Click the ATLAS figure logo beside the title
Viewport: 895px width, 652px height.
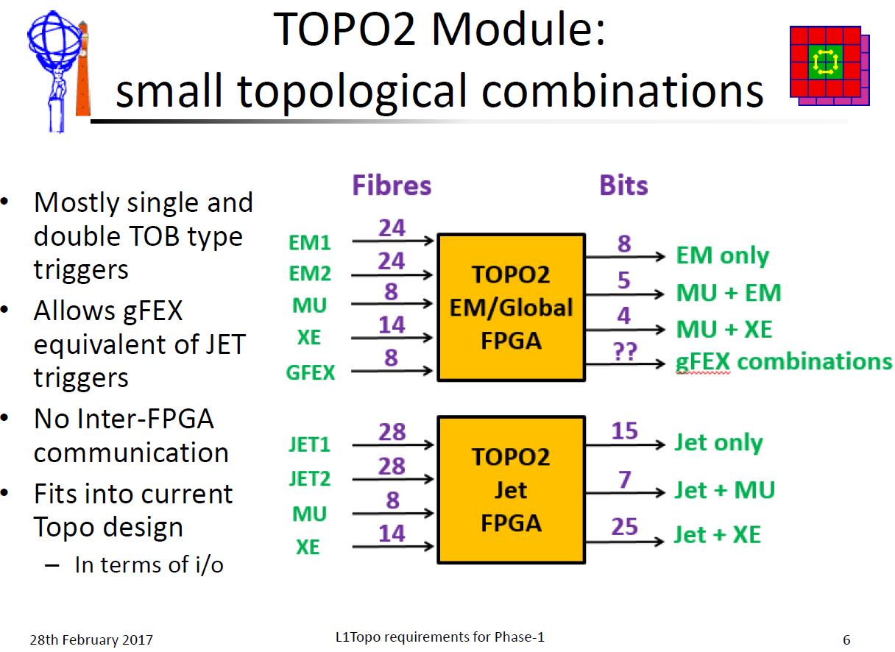pos(59,72)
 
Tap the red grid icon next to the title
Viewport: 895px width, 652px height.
pos(829,65)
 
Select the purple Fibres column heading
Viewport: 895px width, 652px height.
pos(392,185)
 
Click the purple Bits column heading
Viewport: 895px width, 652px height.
pos(623,185)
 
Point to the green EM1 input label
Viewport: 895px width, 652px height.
pos(310,243)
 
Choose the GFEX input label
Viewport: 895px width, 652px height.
pos(311,372)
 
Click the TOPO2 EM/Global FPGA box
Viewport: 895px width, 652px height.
pos(512,307)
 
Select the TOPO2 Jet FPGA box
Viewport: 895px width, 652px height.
pos(512,490)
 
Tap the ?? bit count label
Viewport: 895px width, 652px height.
pos(626,352)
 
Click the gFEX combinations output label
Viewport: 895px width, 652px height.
pos(784,361)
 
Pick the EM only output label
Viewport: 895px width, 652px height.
pos(722,255)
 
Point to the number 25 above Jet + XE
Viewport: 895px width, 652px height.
pos(624,526)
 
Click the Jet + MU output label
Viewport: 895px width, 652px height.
pos(725,490)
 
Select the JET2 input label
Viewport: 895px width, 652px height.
pos(310,478)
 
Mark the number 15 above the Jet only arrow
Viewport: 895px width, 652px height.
pos(624,430)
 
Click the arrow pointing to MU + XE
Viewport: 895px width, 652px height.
pos(626,330)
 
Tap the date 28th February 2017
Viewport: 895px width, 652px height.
pos(91,640)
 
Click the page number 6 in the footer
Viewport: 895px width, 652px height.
pos(846,640)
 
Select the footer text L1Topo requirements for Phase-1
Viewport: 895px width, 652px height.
pos(440,637)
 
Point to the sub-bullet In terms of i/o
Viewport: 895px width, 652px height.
pos(149,565)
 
